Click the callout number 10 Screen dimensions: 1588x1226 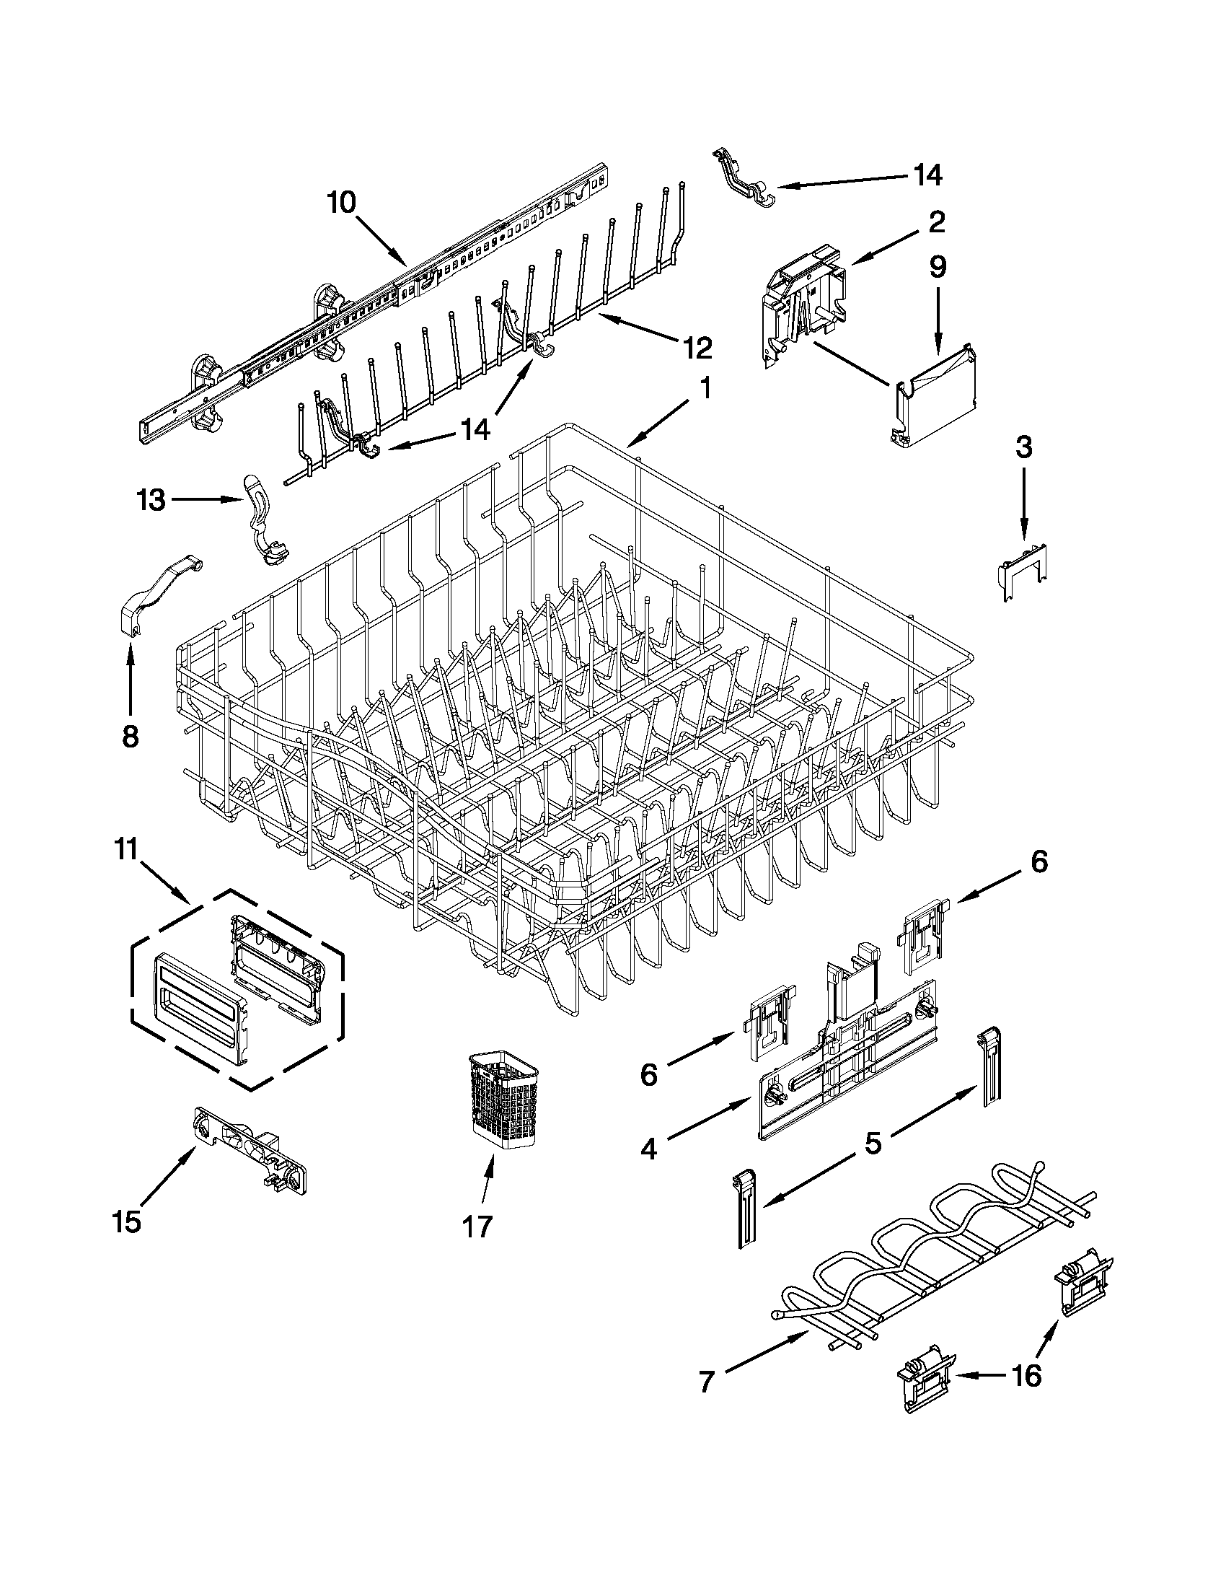341,203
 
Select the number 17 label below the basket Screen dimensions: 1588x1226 477,1227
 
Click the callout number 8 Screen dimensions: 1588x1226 129,737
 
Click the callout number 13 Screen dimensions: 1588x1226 151,500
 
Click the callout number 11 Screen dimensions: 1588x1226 127,849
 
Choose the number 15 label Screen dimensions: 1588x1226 126,1222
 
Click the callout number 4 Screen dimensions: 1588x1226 649,1149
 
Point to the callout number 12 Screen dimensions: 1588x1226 696,348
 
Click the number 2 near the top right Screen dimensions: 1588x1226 936,221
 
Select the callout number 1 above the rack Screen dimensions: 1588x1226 704,388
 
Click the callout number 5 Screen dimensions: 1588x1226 873,1144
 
